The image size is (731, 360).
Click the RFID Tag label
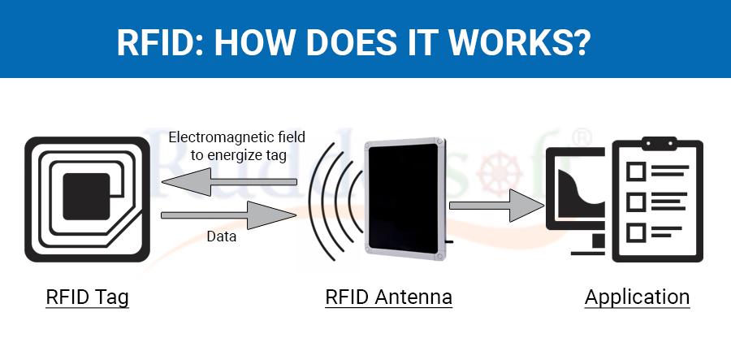coord(87,297)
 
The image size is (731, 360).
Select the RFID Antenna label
coord(388,297)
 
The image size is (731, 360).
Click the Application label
coord(637,297)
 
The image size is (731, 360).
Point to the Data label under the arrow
coord(221,236)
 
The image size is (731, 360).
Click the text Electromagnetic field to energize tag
coord(236,146)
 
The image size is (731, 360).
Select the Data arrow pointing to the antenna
coord(227,215)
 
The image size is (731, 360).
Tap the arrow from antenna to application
coord(496,205)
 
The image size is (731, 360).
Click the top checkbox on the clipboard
coord(636,171)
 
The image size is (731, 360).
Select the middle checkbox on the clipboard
coord(636,201)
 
